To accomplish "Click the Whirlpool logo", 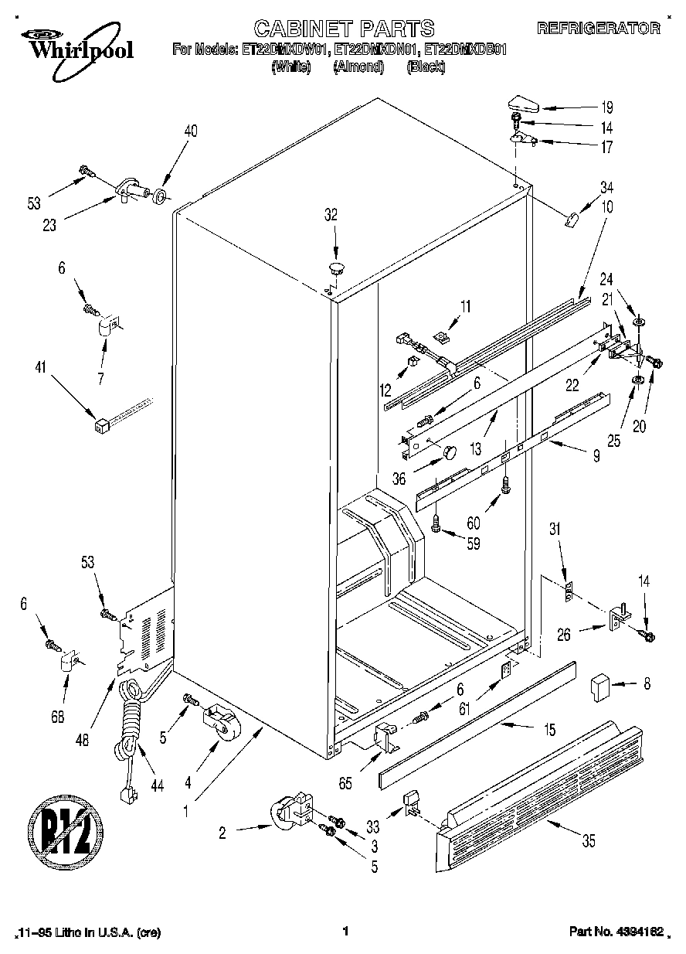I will coord(74,45).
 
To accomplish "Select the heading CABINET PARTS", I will coord(344,29).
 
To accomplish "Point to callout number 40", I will coord(190,131).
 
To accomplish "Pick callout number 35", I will coord(589,843).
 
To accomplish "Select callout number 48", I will coord(83,739).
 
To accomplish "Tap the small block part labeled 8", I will coord(599,685).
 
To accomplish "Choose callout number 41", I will coord(39,370).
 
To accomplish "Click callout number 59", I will coord(472,544).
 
